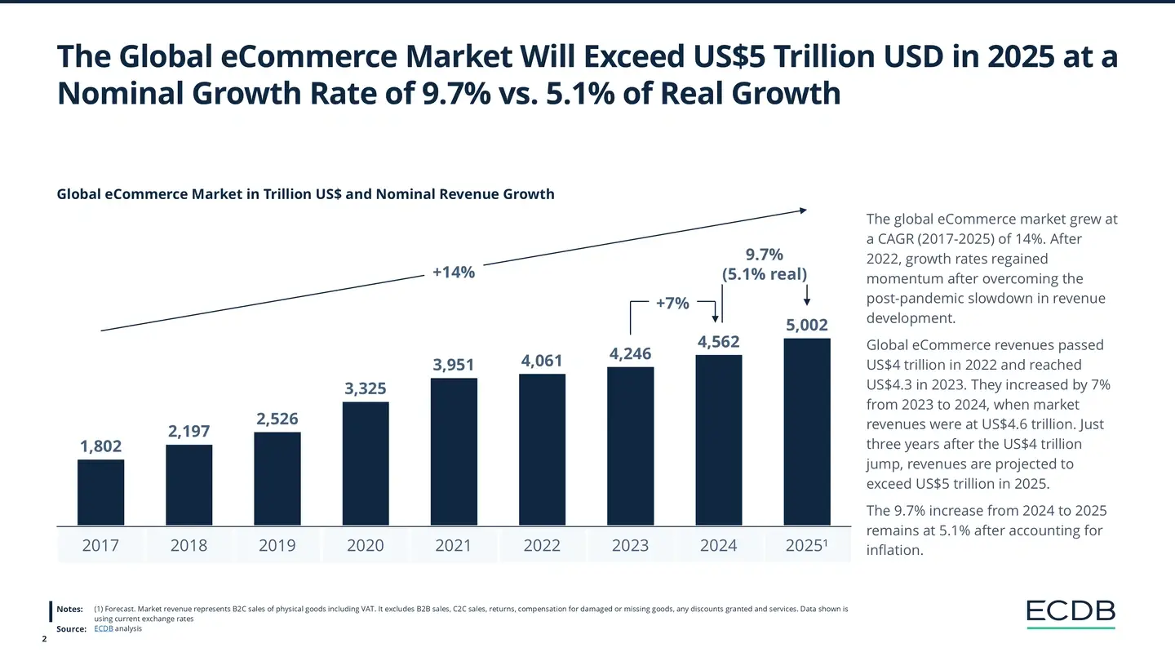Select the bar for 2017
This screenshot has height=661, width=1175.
pos(101,492)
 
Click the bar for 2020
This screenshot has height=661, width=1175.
pos(366,464)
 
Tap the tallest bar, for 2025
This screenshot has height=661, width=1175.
pos(807,432)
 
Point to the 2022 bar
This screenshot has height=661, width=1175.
pos(542,450)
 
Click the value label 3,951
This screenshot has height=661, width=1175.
pos(454,364)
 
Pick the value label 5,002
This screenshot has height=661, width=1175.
pos(807,325)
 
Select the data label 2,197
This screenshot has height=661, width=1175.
pos(189,431)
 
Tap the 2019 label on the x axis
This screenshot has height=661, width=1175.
pos(277,546)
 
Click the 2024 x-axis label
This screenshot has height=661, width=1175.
pos(718,546)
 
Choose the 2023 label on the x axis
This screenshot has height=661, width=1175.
pos(630,546)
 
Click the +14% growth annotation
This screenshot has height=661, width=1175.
pos(454,272)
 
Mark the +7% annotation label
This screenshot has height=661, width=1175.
pos(672,304)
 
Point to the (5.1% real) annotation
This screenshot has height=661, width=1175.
pos(765,274)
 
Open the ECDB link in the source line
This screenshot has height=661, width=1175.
pos(104,628)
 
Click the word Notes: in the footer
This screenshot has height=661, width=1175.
pos(70,609)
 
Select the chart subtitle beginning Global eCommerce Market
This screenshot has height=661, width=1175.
pos(305,194)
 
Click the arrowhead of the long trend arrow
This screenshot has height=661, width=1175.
pos(803,211)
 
